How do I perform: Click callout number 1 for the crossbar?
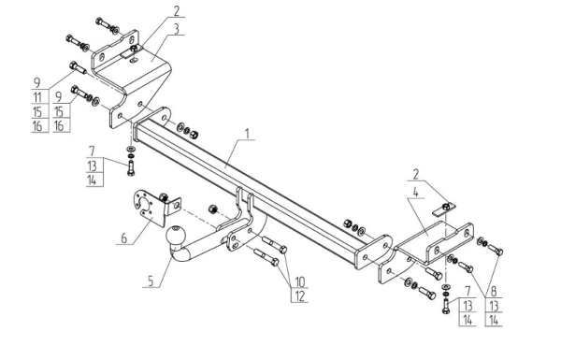click(x=247, y=133)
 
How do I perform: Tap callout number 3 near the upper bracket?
click(x=177, y=29)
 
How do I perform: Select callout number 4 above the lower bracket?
click(x=415, y=193)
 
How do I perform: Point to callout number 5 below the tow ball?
click(x=151, y=281)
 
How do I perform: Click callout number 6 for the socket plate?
click(x=123, y=238)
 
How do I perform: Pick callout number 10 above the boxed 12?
click(x=300, y=282)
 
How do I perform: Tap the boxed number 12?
click(x=300, y=295)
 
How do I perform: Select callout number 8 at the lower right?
click(x=494, y=292)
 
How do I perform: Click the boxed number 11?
click(x=37, y=97)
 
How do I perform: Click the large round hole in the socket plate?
click(x=146, y=204)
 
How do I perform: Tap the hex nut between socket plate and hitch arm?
click(x=212, y=209)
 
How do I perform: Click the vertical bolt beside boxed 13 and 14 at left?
click(x=131, y=167)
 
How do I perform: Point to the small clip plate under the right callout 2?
click(x=443, y=209)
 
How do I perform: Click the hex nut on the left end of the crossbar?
click(x=194, y=135)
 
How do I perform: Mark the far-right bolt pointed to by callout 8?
click(x=496, y=250)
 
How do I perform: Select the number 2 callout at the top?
click(x=177, y=11)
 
